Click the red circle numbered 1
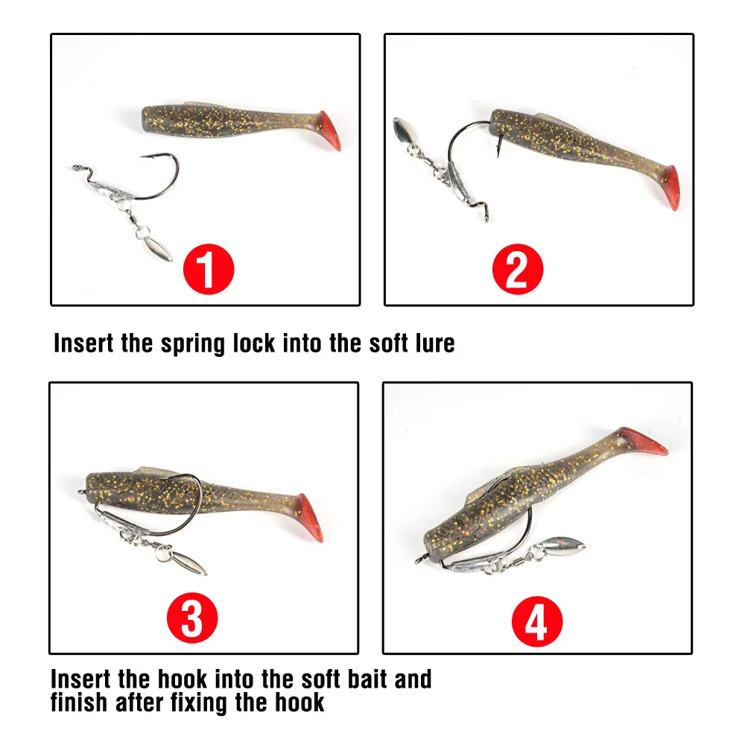[209, 269]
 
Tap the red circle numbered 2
[518, 269]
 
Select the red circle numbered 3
[192, 618]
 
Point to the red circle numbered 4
[537, 621]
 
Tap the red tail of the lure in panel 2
[670, 188]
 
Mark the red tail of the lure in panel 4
[642, 440]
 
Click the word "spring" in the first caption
[192, 343]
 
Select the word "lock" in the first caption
[254, 343]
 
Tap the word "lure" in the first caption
[435, 343]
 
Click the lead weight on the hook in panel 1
[113, 191]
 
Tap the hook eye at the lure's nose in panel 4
[420, 559]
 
